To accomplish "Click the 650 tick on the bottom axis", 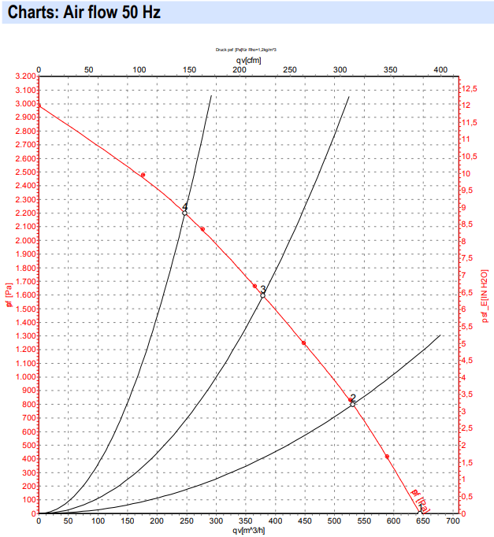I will [422, 520].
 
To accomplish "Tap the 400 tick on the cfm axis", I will [440, 70].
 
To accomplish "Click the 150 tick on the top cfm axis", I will [189, 70].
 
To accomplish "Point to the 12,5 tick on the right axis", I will [470, 88].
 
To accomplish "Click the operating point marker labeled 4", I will [184, 213].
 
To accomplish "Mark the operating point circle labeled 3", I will [262, 295].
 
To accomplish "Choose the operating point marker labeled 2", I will [353, 404].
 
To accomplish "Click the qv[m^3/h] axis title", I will [248, 530].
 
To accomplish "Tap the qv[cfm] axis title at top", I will [248, 60].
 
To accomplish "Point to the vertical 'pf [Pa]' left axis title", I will [9, 295].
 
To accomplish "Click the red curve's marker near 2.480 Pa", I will [143, 175].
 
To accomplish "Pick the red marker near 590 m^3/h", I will [387, 457].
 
